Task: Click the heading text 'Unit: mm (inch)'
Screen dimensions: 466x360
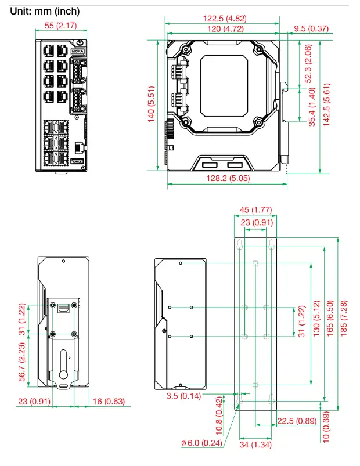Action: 45,11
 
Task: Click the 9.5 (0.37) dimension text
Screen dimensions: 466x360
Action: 311,28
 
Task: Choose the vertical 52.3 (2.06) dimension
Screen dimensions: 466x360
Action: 308,64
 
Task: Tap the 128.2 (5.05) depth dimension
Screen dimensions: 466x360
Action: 228,179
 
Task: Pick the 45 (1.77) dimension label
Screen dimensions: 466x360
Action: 255,209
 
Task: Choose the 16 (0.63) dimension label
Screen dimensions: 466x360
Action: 109,402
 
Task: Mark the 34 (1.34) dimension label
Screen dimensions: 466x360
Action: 255,445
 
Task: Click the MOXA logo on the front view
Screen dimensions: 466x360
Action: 79,52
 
